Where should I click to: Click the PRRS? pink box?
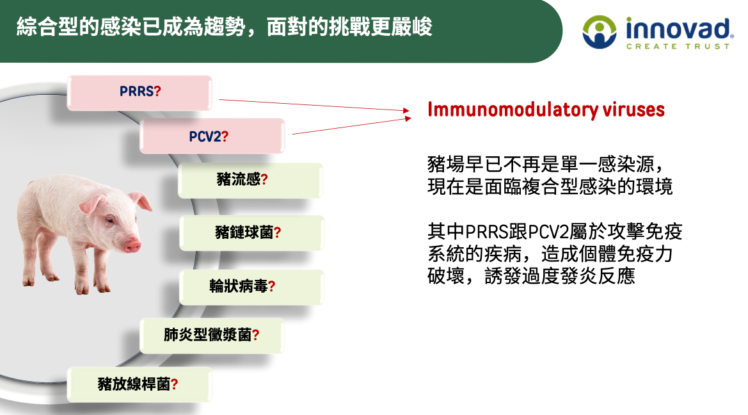click(139, 93)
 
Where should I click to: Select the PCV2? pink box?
click(212, 136)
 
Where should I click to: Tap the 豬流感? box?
click(250, 180)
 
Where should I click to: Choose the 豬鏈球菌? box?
click(252, 232)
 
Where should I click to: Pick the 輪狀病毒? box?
click(252, 286)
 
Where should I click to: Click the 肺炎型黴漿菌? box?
click(212, 335)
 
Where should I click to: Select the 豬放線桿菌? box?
click(139, 384)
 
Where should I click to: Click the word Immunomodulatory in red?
click(513, 110)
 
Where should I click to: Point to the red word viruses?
click(633, 110)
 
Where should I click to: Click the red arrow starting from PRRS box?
click(314, 105)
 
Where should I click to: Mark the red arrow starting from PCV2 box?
click(351, 126)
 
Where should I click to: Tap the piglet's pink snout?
click(132, 247)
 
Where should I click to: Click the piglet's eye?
click(110, 220)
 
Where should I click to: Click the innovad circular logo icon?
click(600, 32)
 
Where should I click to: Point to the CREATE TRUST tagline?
click(678, 46)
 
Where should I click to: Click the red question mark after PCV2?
click(225, 137)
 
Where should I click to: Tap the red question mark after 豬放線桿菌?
click(175, 384)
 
